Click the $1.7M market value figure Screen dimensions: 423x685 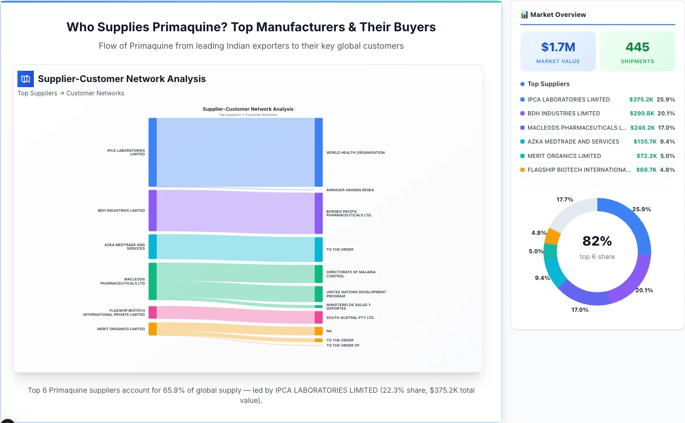click(558, 47)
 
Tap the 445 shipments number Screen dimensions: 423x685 click(637, 47)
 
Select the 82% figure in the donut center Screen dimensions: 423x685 click(597, 241)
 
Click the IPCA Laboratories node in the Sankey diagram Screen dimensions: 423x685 click(152, 152)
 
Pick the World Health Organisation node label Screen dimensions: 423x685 click(355, 153)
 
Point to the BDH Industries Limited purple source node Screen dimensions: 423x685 click(152, 211)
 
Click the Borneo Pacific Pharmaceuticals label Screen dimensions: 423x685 click(349, 213)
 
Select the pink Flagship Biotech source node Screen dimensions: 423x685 click(152, 312)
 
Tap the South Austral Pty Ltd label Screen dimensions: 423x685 click(350, 318)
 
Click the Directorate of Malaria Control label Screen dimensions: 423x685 click(351, 274)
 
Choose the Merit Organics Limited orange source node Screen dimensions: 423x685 click(152, 329)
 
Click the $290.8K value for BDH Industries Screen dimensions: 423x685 click(641, 113)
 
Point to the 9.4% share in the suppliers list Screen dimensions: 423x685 click(667, 142)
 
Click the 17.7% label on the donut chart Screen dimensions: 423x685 click(565, 199)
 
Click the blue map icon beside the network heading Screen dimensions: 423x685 click(25, 79)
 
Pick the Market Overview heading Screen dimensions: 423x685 click(557, 15)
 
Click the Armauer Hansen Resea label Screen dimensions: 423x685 click(350, 190)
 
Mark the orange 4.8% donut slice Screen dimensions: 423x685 click(552, 236)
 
